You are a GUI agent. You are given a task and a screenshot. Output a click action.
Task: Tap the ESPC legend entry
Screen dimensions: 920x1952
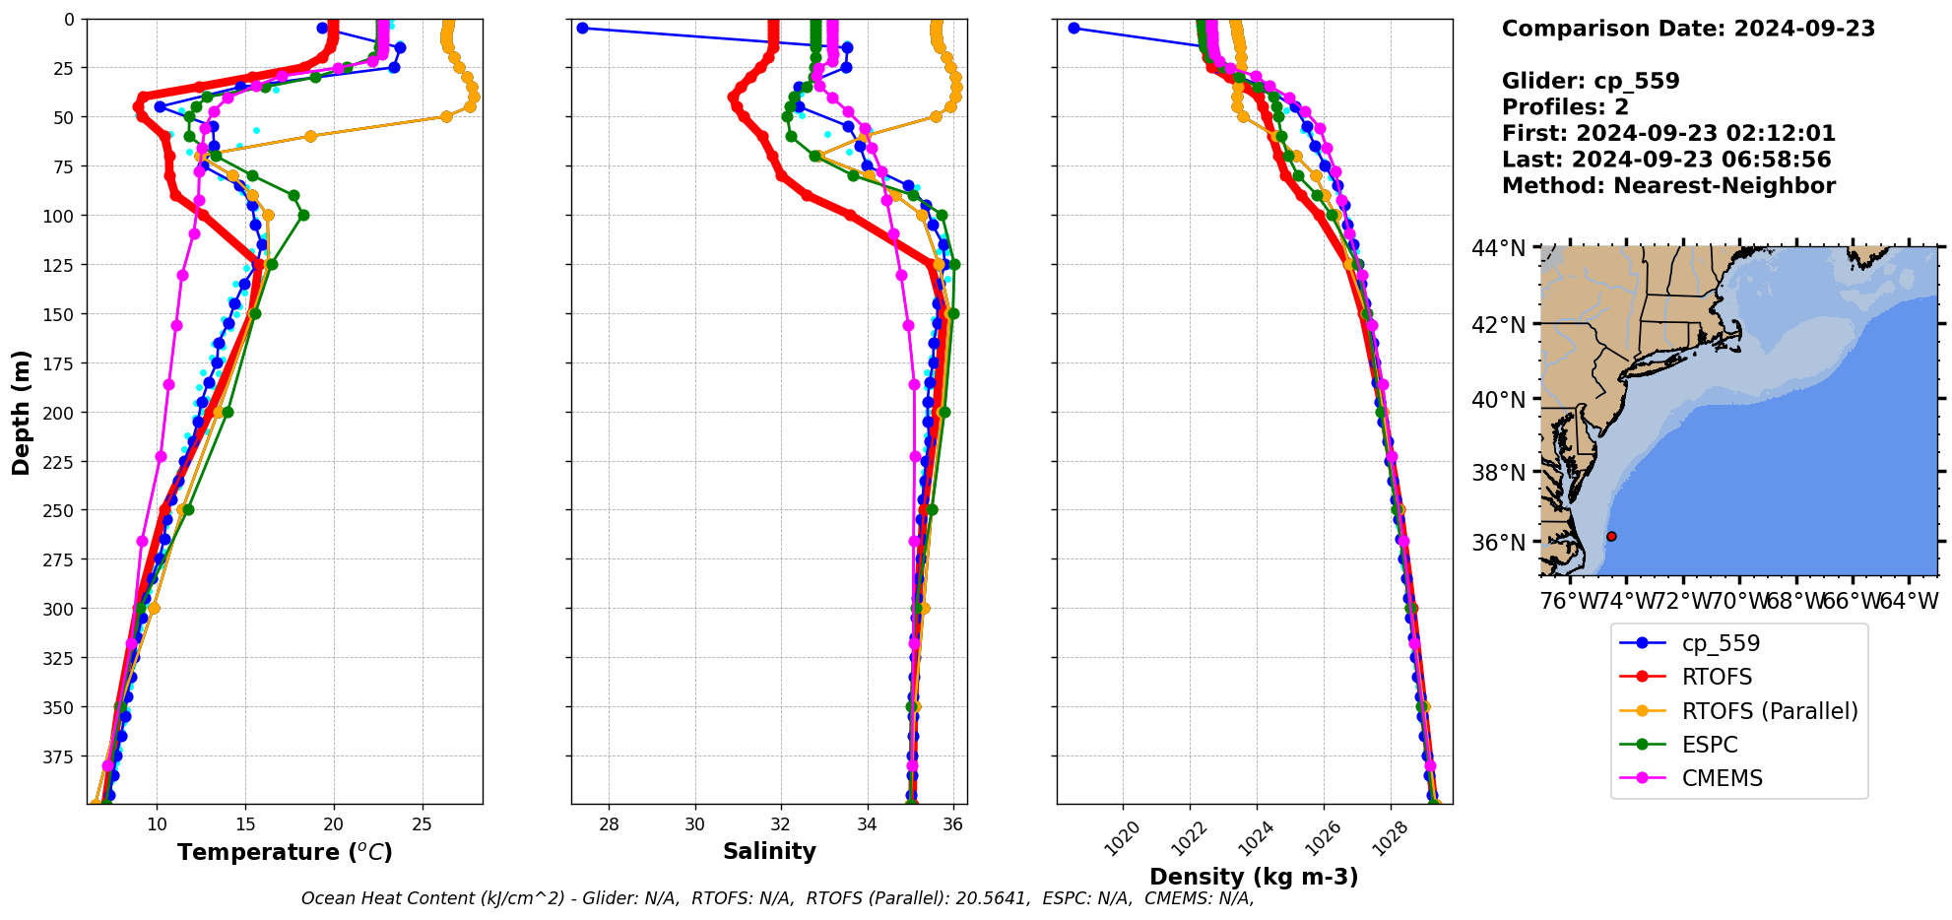pyautogui.click(x=1709, y=745)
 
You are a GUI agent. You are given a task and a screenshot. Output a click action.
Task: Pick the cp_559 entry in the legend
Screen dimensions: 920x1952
pyautogui.click(x=1720, y=643)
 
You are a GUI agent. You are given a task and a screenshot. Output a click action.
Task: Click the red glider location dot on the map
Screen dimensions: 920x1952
pyautogui.click(x=1611, y=536)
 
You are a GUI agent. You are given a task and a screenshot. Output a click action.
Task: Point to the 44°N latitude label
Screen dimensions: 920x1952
pyautogui.click(x=1498, y=248)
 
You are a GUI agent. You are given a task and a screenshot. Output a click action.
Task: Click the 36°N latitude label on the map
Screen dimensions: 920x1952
pyautogui.click(x=1498, y=543)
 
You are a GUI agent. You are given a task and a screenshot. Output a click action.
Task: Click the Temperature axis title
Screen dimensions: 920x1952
pyautogui.click(x=285, y=852)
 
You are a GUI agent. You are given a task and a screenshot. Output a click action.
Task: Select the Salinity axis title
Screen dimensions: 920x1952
pyautogui.click(x=769, y=852)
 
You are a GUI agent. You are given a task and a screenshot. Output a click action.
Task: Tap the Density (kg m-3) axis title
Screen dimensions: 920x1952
pyautogui.click(x=1254, y=877)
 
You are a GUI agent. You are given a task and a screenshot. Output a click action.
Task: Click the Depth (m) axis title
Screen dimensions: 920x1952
pyautogui.click(x=21, y=412)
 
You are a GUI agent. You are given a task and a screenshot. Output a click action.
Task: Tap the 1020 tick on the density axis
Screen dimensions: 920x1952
pyautogui.click(x=1122, y=838)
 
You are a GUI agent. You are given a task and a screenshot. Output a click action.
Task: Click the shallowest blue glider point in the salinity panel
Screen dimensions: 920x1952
pyautogui.click(x=582, y=28)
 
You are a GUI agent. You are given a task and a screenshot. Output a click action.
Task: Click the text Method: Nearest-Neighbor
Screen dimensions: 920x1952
pyautogui.click(x=1668, y=186)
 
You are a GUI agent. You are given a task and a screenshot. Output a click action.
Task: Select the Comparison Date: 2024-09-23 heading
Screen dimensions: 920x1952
pyautogui.click(x=1688, y=29)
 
